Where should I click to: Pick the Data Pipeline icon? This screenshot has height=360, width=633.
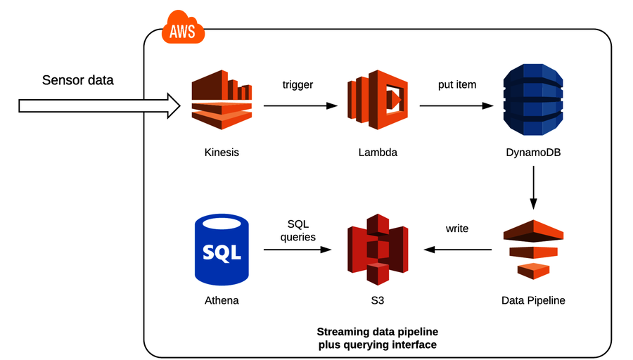pyautogui.click(x=534, y=249)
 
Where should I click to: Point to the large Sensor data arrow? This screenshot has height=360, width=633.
pyautogui.click(x=98, y=106)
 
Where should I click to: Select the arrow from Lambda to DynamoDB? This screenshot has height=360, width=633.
pyautogui.click(x=456, y=106)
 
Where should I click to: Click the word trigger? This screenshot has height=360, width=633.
pyautogui.click(x=298, y=85)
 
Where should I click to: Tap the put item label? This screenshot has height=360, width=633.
pyautogui.click(x=456, y=85)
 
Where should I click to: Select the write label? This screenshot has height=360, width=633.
pyautogui.click(x=457, y=229)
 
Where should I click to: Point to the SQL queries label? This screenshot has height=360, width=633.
pyautogui.click(x=298, y=230)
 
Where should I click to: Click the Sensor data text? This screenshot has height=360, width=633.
pyautogui.click(x=77, y=79)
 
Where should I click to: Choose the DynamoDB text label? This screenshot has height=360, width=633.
pyautogui.click(x=533, y=152)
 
